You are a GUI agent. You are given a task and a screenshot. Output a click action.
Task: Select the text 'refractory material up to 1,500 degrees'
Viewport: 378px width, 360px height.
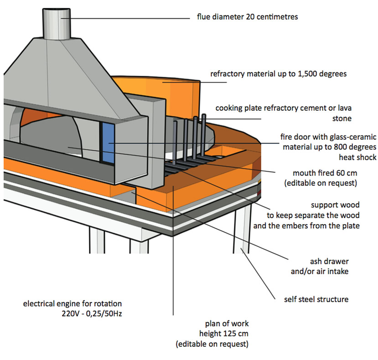point(278,74)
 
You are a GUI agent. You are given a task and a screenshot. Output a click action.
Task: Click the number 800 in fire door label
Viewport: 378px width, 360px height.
point(339,147)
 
